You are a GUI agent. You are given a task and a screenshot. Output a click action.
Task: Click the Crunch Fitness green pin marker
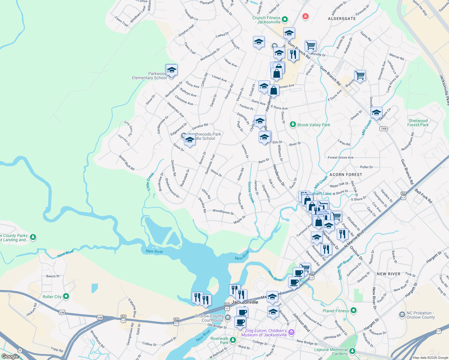pyautogui.click(x=285, y=20)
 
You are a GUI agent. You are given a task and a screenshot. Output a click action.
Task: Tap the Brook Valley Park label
pyautogui.click(x=314, y=125)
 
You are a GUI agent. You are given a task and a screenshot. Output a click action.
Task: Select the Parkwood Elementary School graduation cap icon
pyautogui.click(x=171, y=70)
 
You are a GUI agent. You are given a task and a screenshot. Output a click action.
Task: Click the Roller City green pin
pyautogui.click(x=66, y=297)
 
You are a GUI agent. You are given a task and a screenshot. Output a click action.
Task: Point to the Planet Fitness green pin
pyautogui.click(x=354, y=310)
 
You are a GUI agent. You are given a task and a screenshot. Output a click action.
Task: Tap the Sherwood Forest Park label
pyautogui.click(x=418, y=123)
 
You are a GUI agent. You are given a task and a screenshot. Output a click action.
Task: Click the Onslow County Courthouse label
pyautogui.click(x=209, y=318)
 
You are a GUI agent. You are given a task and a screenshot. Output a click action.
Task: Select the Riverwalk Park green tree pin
pyautogui.click(x=233, y=340)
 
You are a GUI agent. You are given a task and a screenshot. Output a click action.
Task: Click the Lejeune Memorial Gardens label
pyautogui.click(x=331, y=352)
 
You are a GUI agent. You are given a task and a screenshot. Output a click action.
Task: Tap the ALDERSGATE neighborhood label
pyautogui.click(x=342, y=19)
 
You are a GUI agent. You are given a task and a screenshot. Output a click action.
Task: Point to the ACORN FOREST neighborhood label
pyautogui.click(x=346, y=175)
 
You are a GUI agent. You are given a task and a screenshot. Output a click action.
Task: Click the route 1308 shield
pyautogui.click(x=383, y=129)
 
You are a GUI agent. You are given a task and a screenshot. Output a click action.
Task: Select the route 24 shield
pyautogui.click(x=20, y=350)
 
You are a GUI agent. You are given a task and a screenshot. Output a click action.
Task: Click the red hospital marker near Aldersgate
pyautogui.click(x=305, y=16)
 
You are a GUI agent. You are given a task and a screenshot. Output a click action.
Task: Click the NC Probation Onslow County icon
pyautogui.click(x=402, y=315)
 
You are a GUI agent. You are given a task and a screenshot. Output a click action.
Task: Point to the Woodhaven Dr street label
pyautogui.click(x=223, y=212)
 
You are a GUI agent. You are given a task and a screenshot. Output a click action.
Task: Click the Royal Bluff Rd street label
pyautogui.click(x=126, y=163)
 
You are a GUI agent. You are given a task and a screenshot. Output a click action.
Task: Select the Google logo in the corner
pyautogui.click(x=10, y=356)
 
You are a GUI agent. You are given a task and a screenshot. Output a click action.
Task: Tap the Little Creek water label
pyautogui.click(x=150, y=181)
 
